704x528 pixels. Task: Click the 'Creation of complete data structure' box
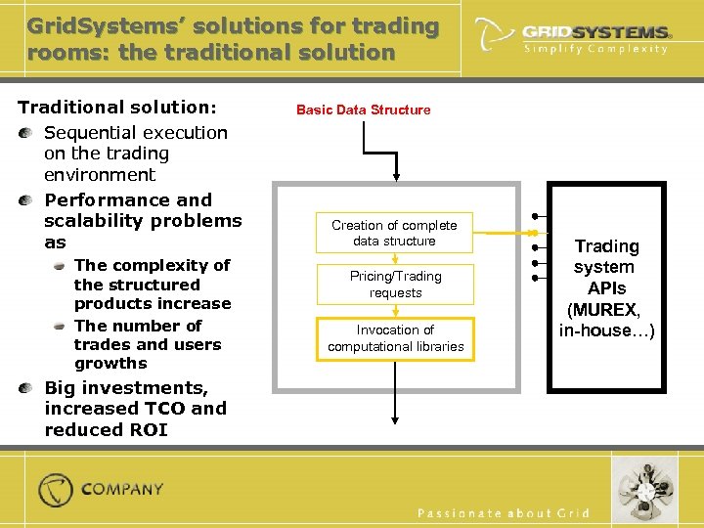(394, 233)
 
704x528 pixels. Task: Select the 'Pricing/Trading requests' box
(395, 285)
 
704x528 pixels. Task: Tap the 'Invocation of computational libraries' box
(395, 338)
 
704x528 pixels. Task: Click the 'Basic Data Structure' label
(363, 110)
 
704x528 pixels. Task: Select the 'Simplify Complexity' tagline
(596, 49)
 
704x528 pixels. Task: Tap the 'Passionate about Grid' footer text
(504, 513)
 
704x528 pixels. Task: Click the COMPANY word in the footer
(122, 489)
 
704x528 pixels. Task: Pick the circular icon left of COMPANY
(56, 490)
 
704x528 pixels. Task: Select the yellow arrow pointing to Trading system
(508, 234)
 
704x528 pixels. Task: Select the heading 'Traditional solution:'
(117, 107)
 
